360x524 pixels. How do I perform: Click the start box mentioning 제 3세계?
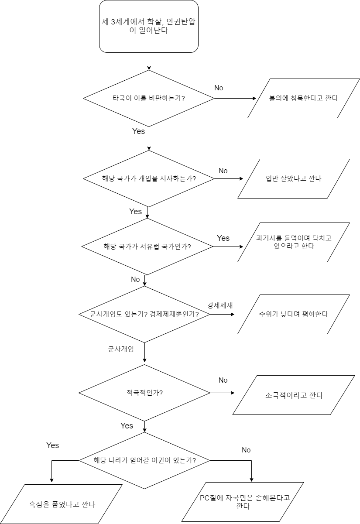(149, 27)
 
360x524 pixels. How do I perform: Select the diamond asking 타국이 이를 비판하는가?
(149, 98)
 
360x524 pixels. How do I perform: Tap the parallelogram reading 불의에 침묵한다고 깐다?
(304, 98)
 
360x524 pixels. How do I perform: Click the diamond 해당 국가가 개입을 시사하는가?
(149, 178)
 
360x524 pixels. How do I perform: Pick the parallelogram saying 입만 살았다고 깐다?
(294, 178)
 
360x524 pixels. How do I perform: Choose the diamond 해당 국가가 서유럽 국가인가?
(147, 247)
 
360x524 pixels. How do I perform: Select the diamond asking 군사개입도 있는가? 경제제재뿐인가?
(144, 314)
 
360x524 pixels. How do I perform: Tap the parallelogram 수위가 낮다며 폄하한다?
(294, 314)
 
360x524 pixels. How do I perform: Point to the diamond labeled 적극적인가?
(144, 393)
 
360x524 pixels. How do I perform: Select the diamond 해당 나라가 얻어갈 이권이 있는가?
(144, 460)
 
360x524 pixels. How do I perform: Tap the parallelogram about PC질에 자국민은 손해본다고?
(243, 502)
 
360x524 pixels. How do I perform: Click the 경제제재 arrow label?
(220, 305)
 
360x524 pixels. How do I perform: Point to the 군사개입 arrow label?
(121, 349)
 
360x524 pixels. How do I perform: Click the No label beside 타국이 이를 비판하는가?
(219, 88)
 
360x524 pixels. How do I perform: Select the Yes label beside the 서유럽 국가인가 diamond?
(223, 238)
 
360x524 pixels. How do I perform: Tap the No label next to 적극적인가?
(223, 380)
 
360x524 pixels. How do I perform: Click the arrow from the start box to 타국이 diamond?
(149, 61)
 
